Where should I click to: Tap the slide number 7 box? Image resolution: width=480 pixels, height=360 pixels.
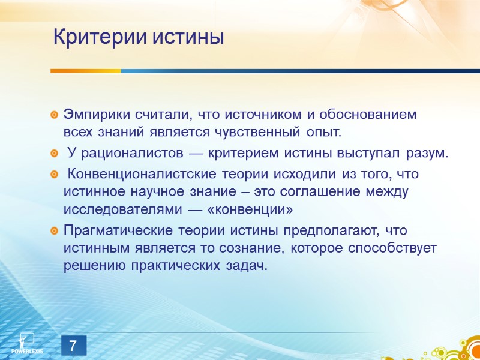[73, 346]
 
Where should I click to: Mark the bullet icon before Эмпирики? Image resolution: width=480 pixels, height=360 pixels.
[55, 115]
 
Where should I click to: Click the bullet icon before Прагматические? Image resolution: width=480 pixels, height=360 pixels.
[55, 231]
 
